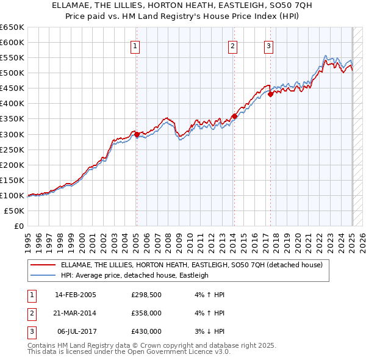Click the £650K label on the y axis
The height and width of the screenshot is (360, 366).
pyautogui.click(x=12, y=27)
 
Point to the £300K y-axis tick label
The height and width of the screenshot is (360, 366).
pyautogui.click(x=12, y=134)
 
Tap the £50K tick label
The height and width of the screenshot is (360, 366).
pyautogui.click(x=15, y=211)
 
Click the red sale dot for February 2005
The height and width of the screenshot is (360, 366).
pyautogui.click(x=137, y=134)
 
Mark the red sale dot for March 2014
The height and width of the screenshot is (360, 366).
pyautogui.click(x=234, y=116)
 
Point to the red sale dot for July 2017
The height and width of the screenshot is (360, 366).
pyautogui.click(x=270, y=94)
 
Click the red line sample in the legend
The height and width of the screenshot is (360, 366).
pyautogui.click(x=43, y=265)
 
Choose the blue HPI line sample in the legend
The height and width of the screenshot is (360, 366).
pyautogui.click(x=43, y=275)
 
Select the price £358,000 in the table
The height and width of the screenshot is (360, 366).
pyautogui.click(x=146, y=313)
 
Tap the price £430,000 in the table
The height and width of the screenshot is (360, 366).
pyautogui.click(x=146, y=331)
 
